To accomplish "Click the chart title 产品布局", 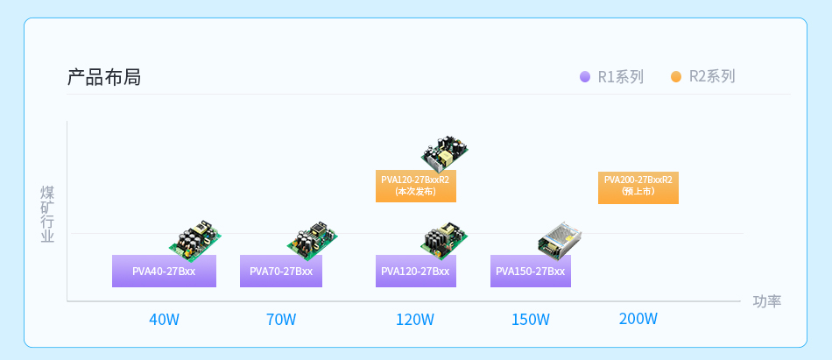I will click(103, 77).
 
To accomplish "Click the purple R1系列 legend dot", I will click(585, 77).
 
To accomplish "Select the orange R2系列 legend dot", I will click(676, 77).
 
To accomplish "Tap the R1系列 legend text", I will click(620, 77).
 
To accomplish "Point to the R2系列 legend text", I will click(711, 77).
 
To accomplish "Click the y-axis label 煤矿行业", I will click(47, 214).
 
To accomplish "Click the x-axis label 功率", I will click(766, 301).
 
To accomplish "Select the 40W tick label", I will click(164, 320).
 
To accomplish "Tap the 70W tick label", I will click(281, 320).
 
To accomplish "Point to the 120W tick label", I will click(415, 320).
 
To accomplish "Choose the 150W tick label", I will click(531, 320).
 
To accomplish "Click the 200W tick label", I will click(638, 319).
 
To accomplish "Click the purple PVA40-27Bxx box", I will click(164, 272).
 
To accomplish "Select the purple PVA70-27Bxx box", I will click(281, 272).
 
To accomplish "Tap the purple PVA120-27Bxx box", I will click(415, 272).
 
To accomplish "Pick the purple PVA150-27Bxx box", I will click(531, 272).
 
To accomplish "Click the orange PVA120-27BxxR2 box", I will click(415, 186).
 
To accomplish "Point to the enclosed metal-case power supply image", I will click(560, 238).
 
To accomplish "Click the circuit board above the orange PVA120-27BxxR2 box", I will click(444, 152).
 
